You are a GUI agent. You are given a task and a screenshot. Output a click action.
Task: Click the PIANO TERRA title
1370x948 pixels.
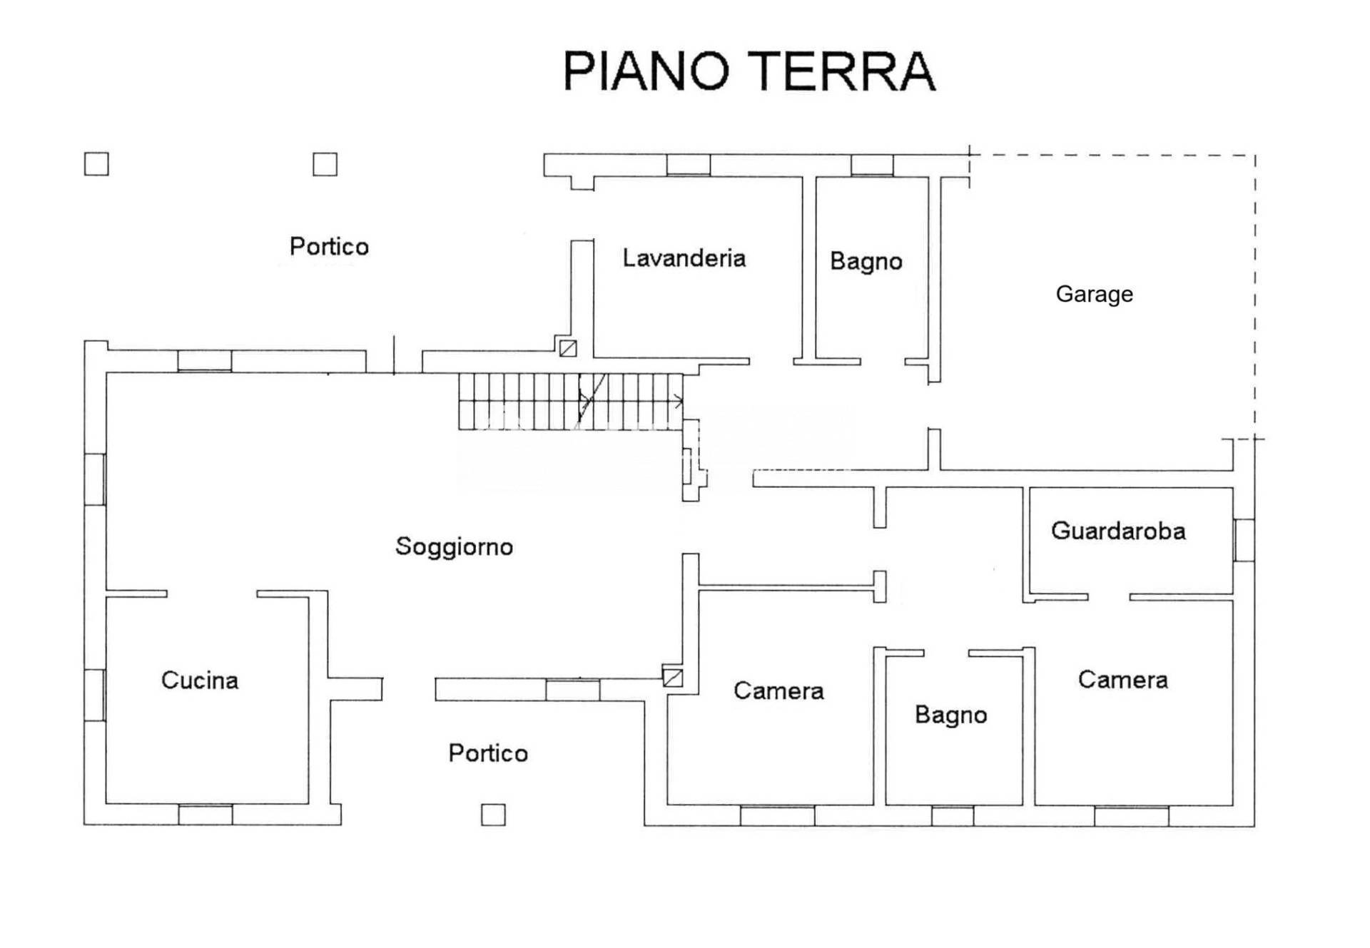click(749, 71)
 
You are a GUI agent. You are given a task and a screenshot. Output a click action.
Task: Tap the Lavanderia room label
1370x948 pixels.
click(684, 258)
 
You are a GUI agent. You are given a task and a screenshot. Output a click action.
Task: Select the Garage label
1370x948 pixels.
click(1095, 294)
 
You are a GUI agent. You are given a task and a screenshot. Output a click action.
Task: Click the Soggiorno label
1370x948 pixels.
click(455, 546)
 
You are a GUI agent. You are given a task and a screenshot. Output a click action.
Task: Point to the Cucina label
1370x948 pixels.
click(200, 680)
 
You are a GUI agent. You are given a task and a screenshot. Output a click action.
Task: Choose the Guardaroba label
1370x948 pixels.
click(1118, 531)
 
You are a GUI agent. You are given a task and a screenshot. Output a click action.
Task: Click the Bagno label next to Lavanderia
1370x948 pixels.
click(866, 261)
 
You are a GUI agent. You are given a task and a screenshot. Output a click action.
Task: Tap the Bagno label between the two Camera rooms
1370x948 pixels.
click(951, 715)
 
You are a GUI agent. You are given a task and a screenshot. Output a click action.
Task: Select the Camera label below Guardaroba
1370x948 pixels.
click(1123, 680)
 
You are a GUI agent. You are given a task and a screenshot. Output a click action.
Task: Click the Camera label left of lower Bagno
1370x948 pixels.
click(778, 690)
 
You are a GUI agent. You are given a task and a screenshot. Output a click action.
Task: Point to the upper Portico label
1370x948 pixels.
click(329, 246)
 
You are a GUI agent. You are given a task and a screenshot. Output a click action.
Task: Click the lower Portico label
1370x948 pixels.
click(488, 753)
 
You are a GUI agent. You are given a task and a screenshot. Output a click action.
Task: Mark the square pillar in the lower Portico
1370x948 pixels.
click(493, 815)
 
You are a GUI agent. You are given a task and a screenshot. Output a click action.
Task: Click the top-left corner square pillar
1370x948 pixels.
click(96, 164)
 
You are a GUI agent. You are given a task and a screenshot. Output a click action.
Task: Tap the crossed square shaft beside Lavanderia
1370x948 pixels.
click(568, 348)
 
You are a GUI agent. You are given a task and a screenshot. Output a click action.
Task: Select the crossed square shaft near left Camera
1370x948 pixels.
click(673, 677)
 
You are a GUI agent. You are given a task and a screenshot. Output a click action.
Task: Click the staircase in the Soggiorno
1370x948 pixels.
click(571, 402)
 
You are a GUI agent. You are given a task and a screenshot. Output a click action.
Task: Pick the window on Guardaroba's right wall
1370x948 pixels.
click(1244, 540)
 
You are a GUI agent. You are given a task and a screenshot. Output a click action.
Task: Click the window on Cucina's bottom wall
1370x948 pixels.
click(205, 815)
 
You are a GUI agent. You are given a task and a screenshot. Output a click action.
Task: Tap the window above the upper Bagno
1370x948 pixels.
click(872, 165)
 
